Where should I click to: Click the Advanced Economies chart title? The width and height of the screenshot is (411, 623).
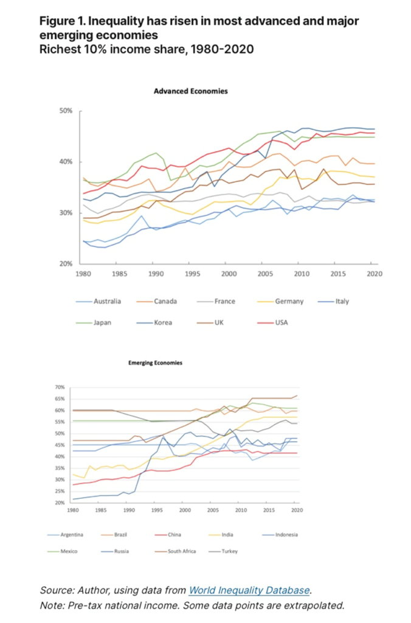click(190, 91)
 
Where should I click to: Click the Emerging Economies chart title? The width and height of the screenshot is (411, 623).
click(155, 363)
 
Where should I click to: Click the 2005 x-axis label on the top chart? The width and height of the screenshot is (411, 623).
click(263, 274)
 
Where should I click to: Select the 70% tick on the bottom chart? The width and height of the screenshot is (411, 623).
click(60, 387)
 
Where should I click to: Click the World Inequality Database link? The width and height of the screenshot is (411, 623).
click(249, 590)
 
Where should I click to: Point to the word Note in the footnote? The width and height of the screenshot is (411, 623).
click(51, 605)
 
